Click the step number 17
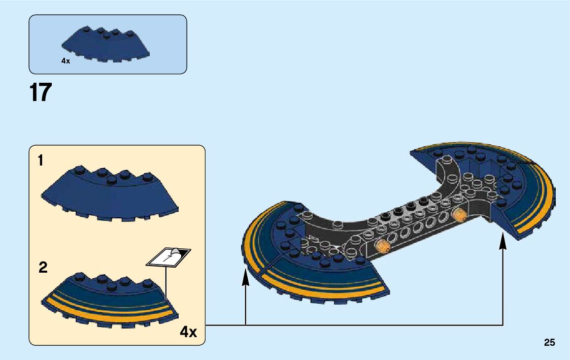click(x=41, y=93)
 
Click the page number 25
click(x=549, y=343)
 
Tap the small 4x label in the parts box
click(x=65, y=61)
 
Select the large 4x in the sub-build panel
click(x=188, y=332)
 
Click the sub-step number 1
click(x=41, y=161)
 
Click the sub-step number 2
click(x=43, y=268)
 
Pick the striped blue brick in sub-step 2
click(x=109, y=300)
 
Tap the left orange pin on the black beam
click(x=382, y=247)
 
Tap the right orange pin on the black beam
click(x=459, y=215)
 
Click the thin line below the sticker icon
click(x=166, y=279)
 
